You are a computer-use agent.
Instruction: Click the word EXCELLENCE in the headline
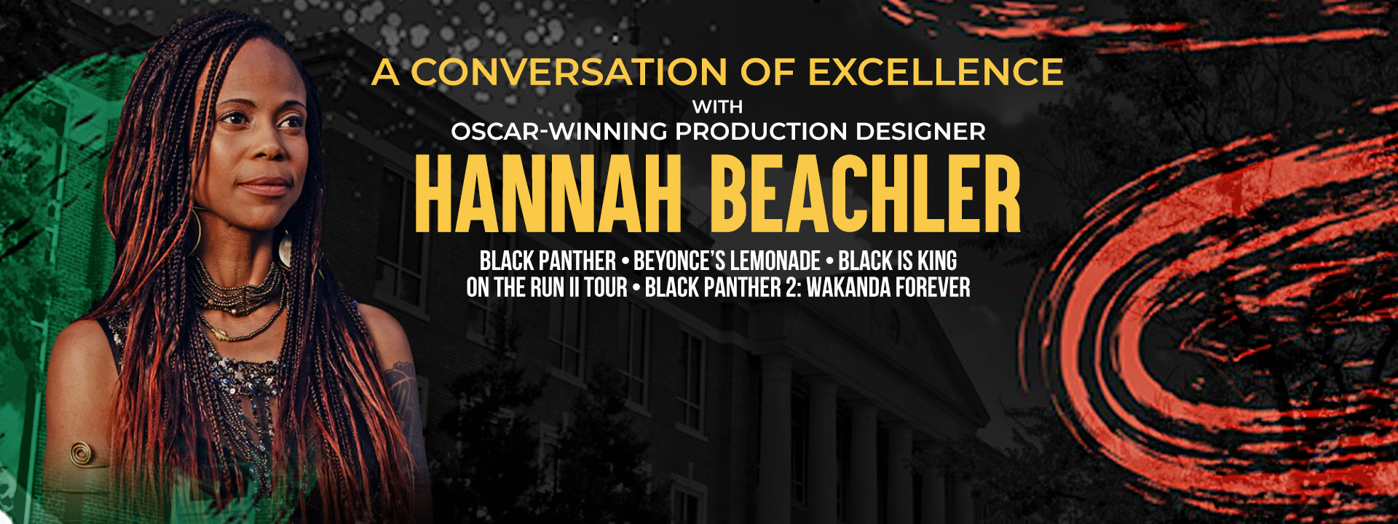coord(936,71)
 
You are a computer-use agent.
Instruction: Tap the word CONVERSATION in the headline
coord(569,71)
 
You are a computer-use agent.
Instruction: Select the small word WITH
coord(717,107)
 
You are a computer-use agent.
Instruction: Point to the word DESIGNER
coord(920,132)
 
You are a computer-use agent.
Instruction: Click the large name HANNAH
coord(548,194)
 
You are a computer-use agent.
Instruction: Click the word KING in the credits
coord(936,261)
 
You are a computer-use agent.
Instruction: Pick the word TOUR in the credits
coord(606,287)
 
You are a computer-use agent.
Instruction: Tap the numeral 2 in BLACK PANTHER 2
coord(791,287)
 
